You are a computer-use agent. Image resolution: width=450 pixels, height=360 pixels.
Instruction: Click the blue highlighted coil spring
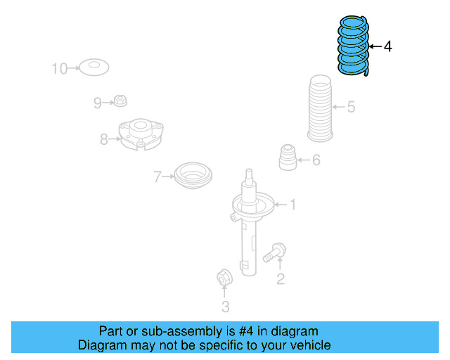pos(353,46)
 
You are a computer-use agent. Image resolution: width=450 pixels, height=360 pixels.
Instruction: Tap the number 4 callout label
pos(388,46)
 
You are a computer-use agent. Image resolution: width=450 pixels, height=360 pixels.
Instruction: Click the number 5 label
pos(351,108)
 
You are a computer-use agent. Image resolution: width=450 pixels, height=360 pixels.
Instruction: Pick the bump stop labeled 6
pos(287,157)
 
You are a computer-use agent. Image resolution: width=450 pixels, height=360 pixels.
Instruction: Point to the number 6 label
pos(316,160)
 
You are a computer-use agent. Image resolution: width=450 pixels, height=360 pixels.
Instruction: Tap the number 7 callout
pos(158,176)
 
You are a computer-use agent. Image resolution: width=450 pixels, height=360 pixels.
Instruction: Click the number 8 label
pos(104,139)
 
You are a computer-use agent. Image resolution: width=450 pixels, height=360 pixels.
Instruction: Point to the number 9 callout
pos(98,103)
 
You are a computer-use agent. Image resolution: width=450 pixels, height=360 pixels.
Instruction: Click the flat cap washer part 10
pos(93,68)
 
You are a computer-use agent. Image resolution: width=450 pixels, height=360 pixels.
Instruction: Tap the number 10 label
pos(59,68)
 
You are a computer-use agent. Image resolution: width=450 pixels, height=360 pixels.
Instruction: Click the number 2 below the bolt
pos(280,281)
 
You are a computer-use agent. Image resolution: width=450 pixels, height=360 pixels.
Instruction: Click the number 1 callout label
pos(292,205)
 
